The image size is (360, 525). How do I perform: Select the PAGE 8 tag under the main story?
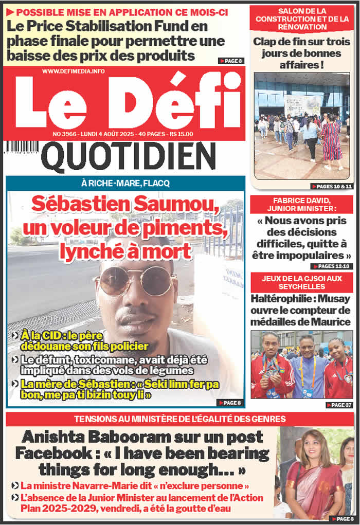click(230, 403)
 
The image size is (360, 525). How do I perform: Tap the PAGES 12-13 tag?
click(332, 266)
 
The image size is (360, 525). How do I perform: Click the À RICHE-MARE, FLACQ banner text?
click(125, 183)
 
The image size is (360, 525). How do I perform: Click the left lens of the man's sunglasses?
click(114, 281)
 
